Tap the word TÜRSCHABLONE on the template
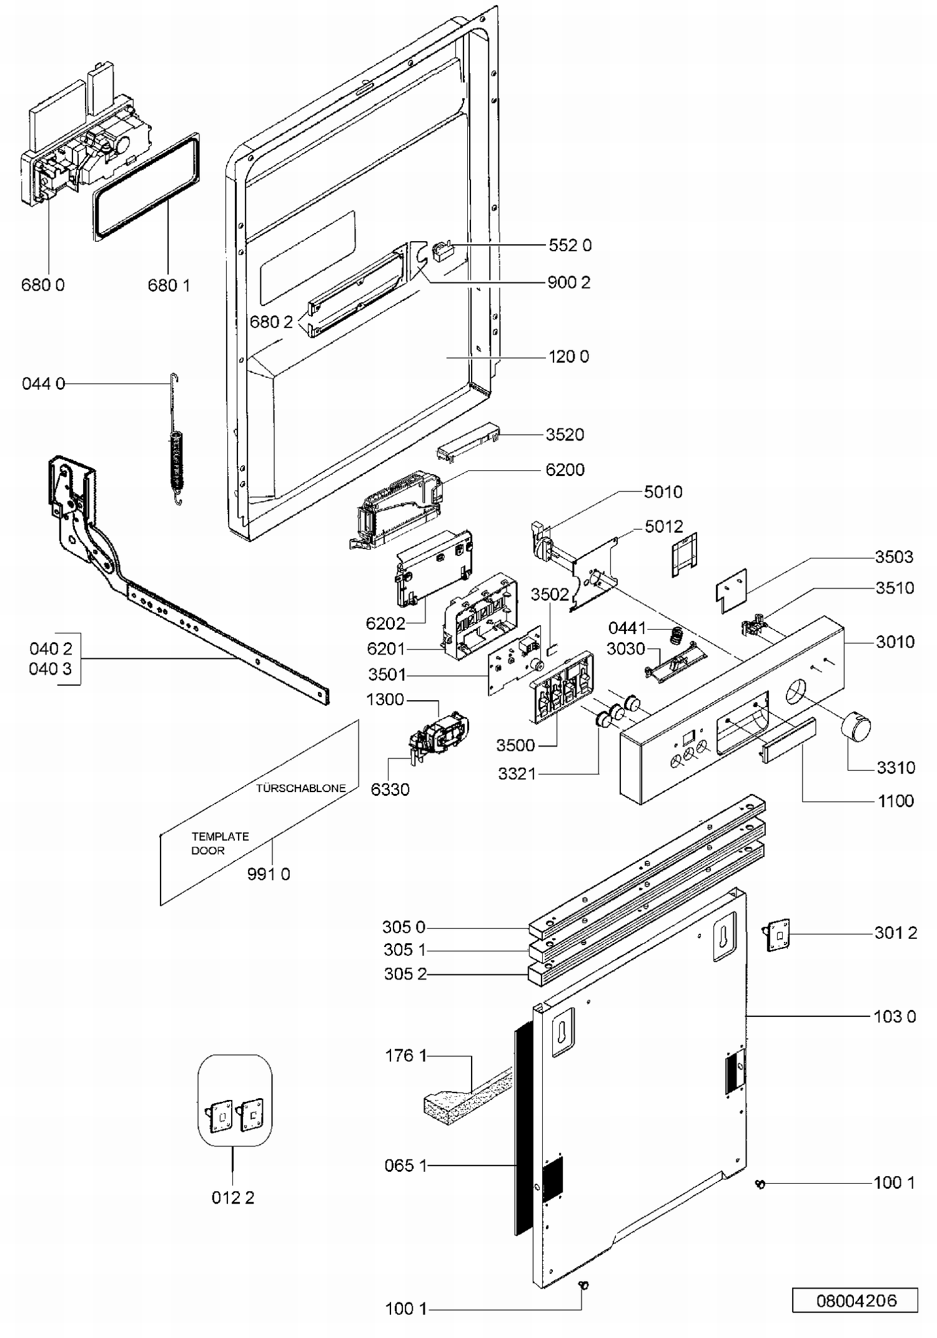300,788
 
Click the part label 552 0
570,245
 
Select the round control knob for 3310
855,727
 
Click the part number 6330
390,790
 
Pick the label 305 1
404,949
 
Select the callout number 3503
894,557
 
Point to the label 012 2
233,1197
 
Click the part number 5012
663,527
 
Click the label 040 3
50,669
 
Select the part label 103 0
895,1016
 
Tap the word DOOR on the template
208,850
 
